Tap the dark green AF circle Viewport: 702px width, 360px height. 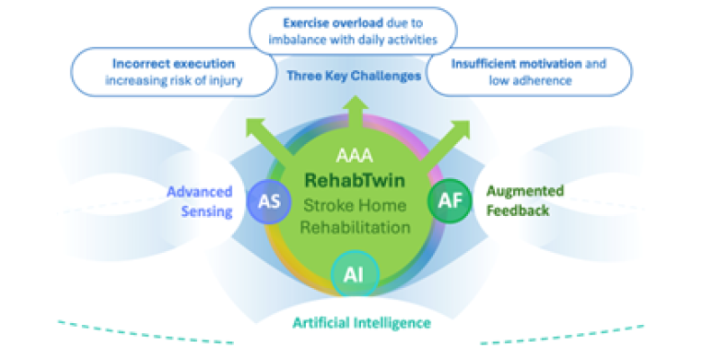coord(445,199)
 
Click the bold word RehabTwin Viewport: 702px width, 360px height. coord(353,179)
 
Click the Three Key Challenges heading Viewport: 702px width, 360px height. coord(354,76)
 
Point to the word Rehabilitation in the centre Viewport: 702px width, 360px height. coord(353,227)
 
